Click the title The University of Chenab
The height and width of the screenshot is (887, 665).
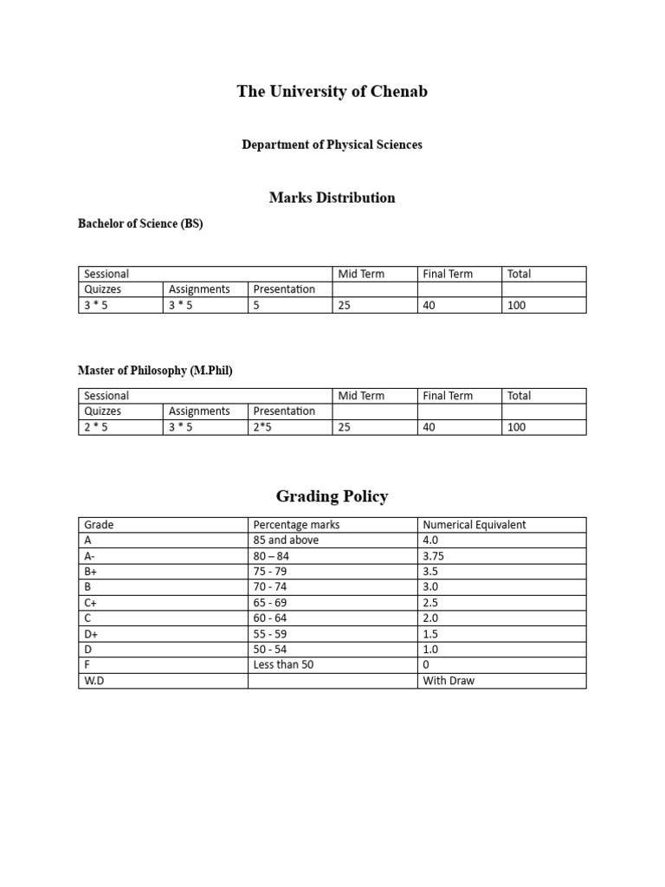click(332, 92)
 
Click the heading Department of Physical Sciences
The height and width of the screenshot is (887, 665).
click(332, 145)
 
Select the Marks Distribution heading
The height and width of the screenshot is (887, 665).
click(332, 197)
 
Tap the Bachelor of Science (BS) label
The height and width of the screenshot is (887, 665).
click(140, 223)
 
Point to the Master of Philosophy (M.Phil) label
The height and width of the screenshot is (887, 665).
click(155, 371)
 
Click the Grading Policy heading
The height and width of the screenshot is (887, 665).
click(332, 496)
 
